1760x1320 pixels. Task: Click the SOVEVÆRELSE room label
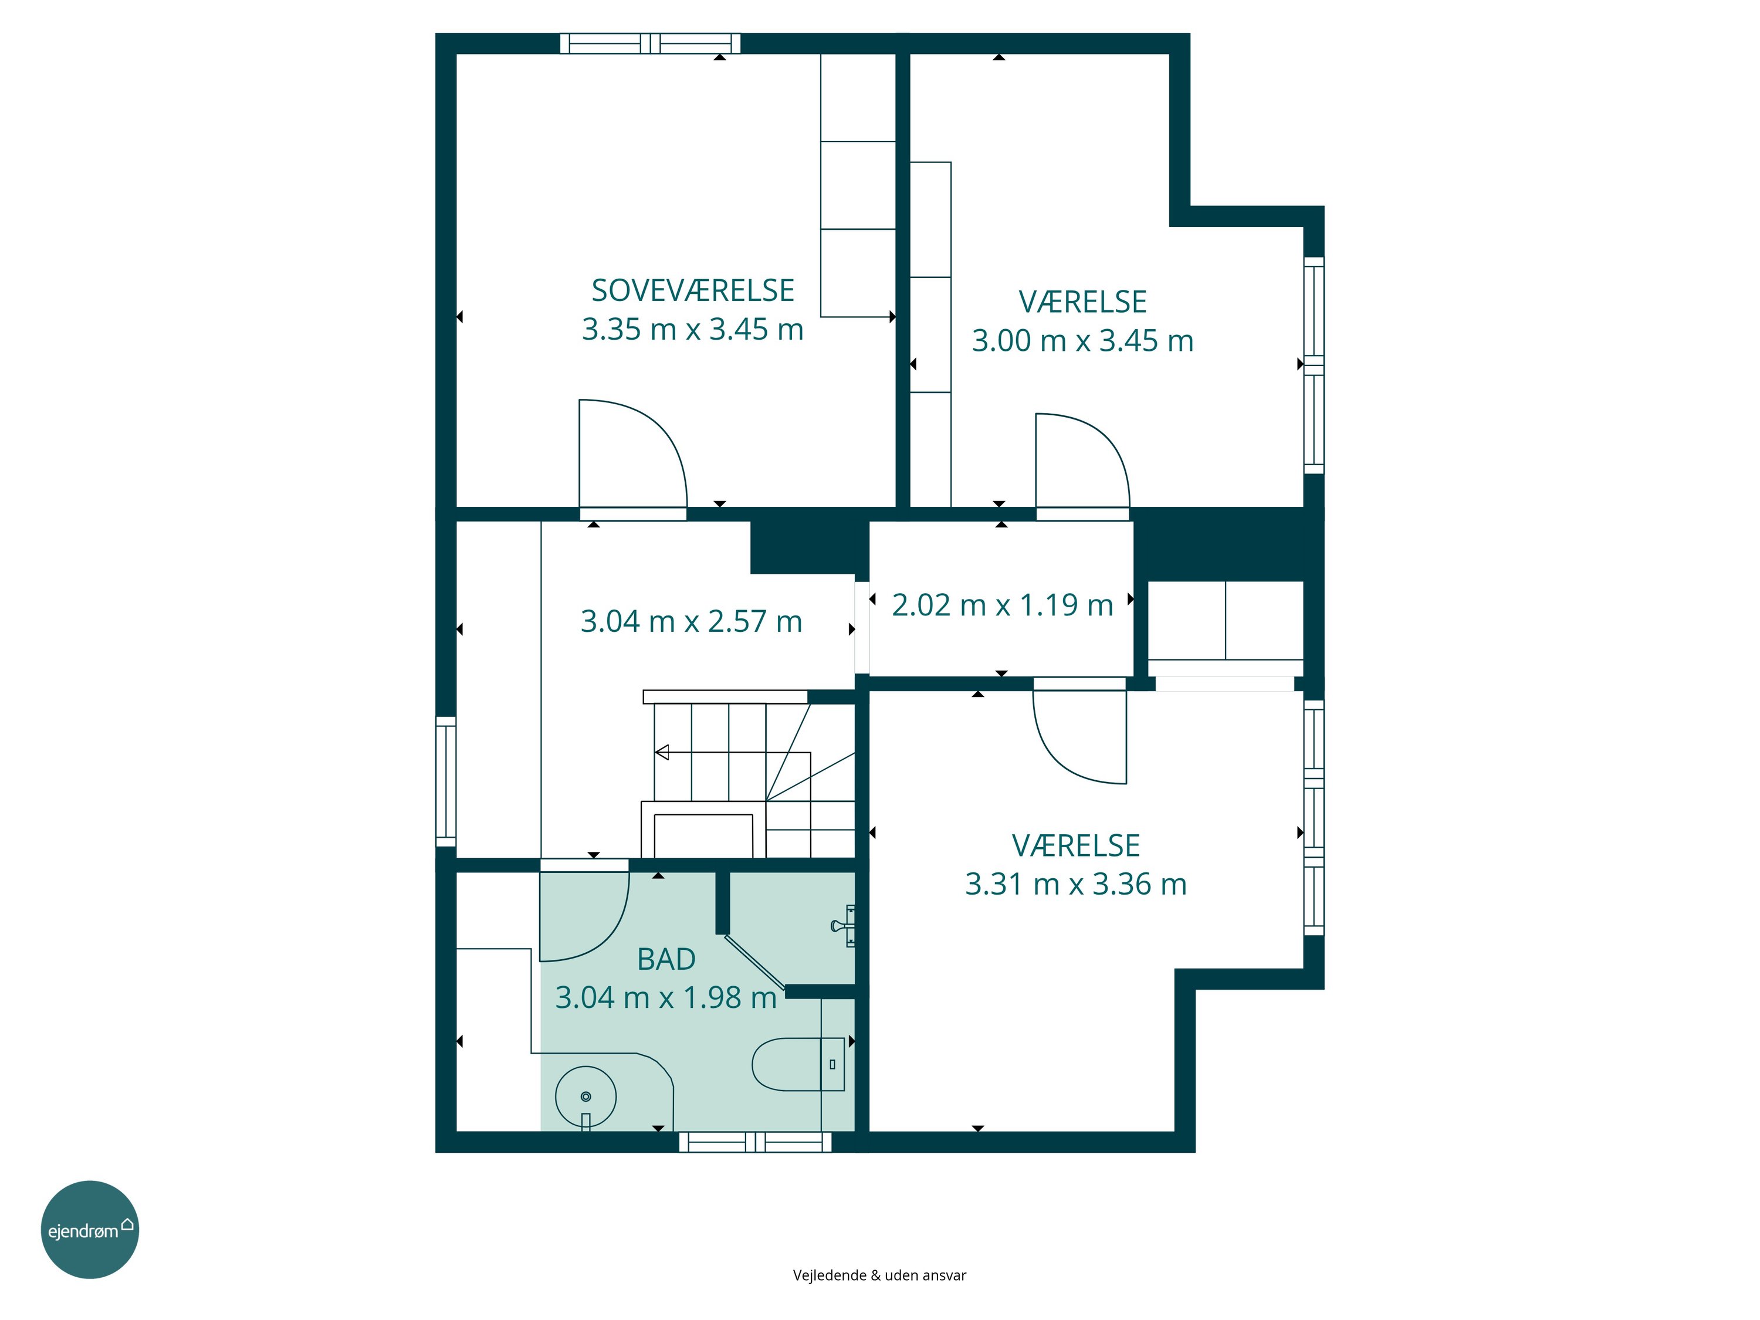click(692, 290)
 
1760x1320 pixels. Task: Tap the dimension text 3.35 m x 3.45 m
click(692, 329)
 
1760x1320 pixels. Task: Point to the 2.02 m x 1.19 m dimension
click(1002, 605)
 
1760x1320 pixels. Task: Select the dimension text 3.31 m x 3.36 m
click(1076, 884)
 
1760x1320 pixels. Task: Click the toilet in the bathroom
click(798, 1064)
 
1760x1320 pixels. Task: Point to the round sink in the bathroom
click(585, 1097)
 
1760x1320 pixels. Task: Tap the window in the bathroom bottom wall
click(755, 1142)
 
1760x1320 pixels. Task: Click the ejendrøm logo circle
click(90, 1229)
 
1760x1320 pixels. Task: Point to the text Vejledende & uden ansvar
click(879, 1275)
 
